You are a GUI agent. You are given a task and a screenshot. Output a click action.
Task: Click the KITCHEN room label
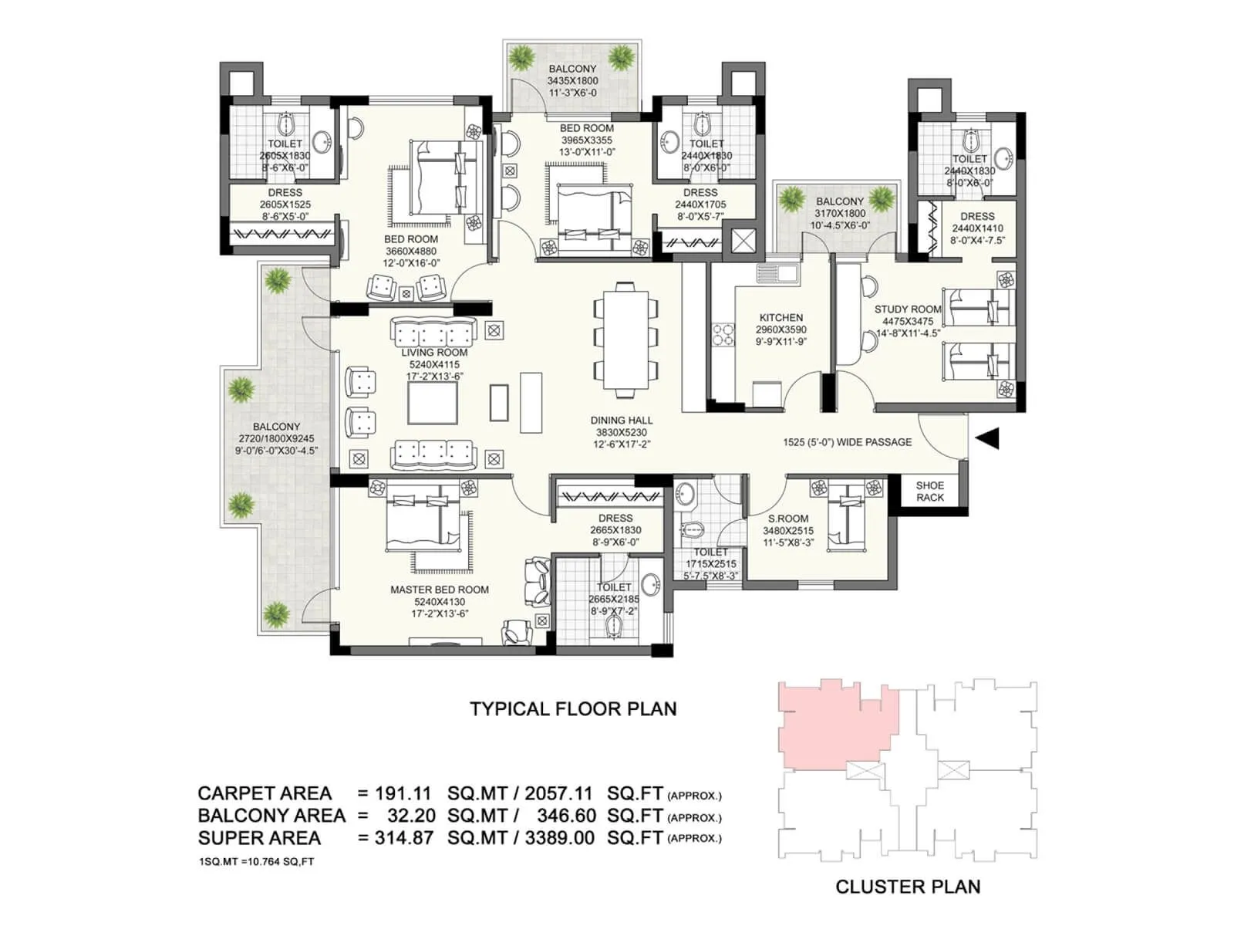[781, 317]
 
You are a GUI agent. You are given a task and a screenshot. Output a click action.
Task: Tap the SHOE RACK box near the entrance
[929, 492]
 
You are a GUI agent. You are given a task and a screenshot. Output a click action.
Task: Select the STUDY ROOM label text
[908, 309]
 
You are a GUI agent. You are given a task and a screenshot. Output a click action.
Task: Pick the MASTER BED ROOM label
[439, 590]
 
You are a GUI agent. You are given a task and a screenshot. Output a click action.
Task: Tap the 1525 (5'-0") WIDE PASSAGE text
[847, 442]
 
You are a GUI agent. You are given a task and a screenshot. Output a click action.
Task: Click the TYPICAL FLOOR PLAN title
[573, 709]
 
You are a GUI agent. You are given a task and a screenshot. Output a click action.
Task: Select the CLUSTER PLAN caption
[908, 887]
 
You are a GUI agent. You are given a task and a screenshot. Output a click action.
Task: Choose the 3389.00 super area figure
[559, 838]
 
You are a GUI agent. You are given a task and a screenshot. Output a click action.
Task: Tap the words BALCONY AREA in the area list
[271, 816]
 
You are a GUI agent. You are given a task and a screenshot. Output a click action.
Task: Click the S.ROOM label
[788, 519]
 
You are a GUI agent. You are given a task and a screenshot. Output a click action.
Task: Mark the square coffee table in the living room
[433, 404]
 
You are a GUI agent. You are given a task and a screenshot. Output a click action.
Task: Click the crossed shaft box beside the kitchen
[743, 239]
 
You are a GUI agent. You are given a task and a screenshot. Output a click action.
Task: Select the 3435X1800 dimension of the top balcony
[572, 81]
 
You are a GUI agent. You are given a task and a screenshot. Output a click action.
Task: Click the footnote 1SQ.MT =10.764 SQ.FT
[256, 861]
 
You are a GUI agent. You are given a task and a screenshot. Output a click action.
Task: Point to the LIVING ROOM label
[433, 352]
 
